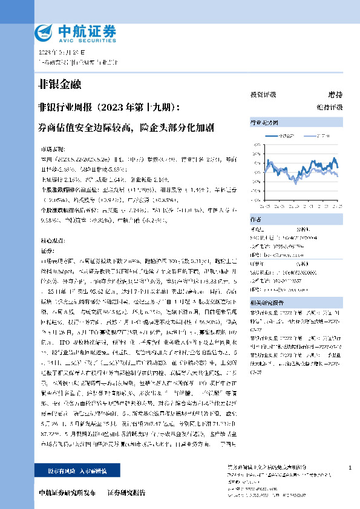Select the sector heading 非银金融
(x=59, y=84)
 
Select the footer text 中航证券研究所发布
(x=67, y=493)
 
